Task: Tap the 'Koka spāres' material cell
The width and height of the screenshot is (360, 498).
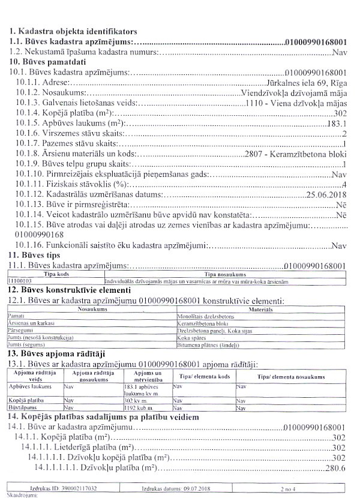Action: click(192, 339)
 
